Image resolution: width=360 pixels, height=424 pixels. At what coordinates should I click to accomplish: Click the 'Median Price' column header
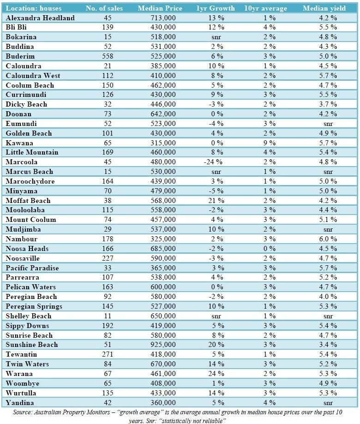[160, 8]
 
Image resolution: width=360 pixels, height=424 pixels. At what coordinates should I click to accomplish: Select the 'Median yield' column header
[324, 8]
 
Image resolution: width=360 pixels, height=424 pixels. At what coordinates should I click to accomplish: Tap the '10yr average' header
[265, 8]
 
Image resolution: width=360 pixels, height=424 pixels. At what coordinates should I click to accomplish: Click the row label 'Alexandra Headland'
[40, 18]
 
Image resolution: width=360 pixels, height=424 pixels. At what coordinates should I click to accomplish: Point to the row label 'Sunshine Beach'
[32, 345]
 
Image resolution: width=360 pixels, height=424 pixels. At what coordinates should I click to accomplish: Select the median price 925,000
[163, 345]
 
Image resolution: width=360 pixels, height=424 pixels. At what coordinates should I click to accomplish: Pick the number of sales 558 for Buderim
[108, 56]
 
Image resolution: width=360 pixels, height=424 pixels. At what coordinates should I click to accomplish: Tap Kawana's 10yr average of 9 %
[270, 143]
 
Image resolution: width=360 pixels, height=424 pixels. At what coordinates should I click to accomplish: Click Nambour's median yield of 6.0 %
[328, 239]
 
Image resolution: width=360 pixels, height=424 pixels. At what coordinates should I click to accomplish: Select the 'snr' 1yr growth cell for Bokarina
[216, 37]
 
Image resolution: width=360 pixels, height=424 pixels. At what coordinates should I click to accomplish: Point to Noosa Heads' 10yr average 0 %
[270, 249]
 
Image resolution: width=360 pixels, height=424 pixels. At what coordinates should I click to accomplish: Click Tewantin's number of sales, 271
[108, 354]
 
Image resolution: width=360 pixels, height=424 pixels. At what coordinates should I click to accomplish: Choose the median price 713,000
[163, 18]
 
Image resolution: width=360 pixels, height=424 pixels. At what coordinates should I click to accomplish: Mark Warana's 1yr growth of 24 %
[216, 373]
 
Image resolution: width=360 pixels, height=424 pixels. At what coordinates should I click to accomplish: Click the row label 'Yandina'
[20, 403]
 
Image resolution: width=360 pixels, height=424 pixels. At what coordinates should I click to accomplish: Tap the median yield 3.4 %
[328, 345]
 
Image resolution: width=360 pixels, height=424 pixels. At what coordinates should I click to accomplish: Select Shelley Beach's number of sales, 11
[108, 316]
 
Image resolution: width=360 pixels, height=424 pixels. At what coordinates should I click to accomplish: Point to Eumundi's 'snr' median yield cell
[328, 124]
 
